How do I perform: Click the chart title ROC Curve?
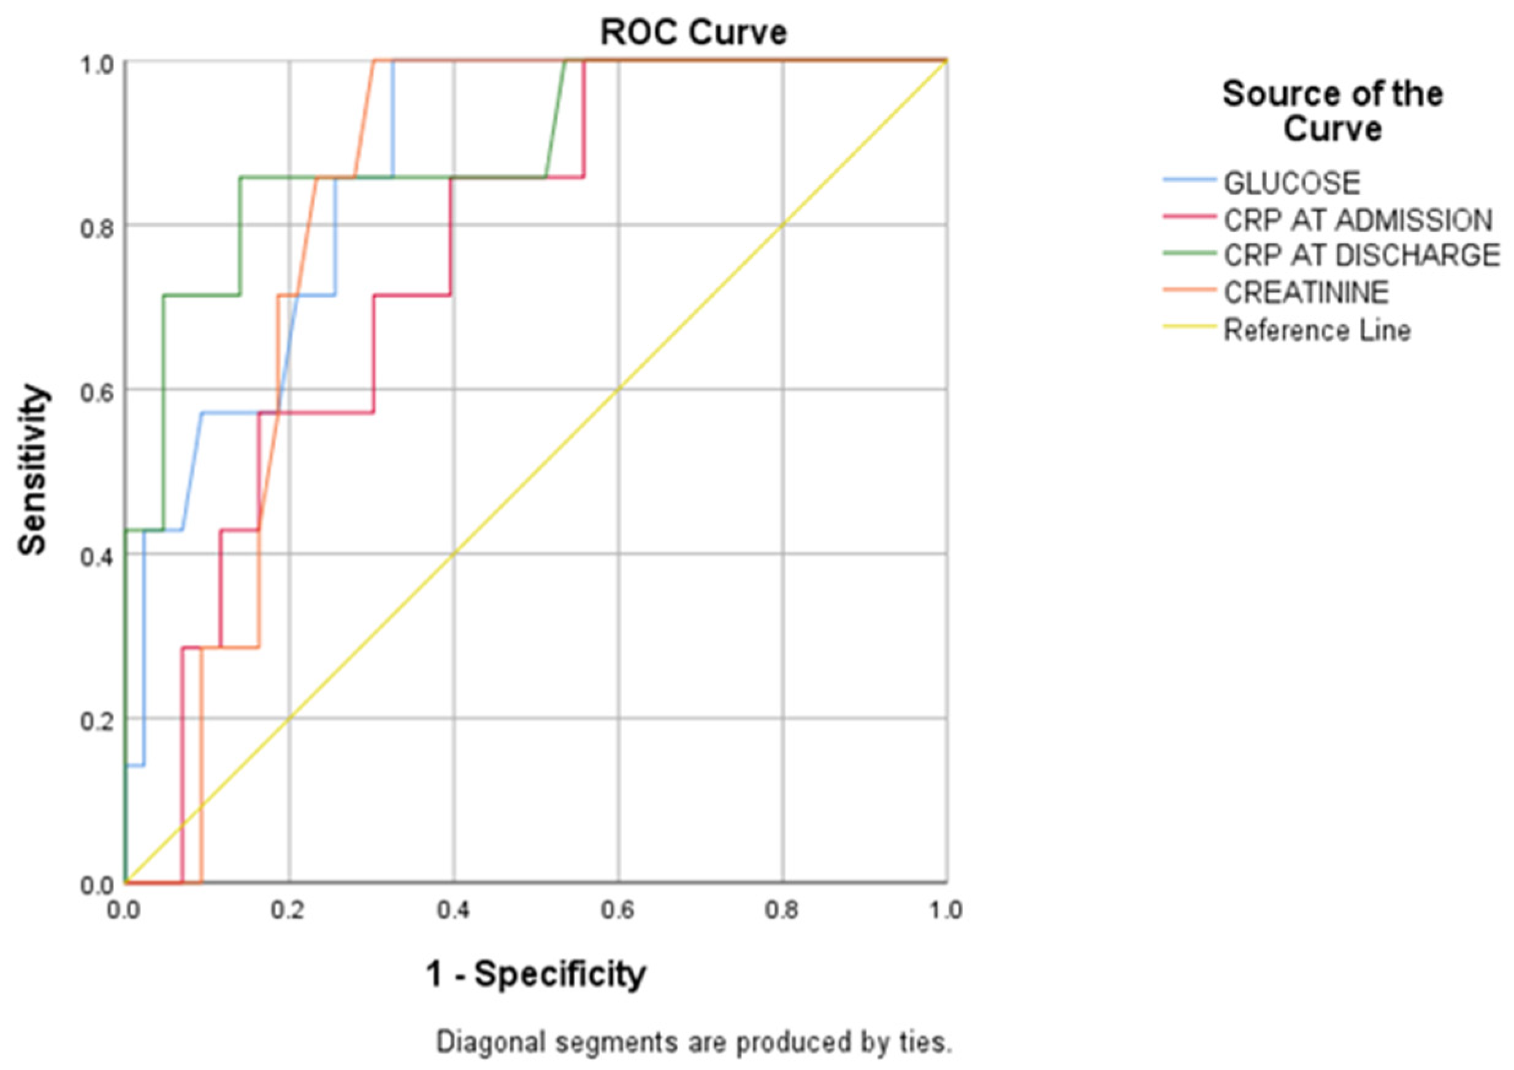pos(693,32)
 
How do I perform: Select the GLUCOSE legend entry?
pos(1291,183)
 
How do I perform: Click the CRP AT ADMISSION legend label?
pos(1358,220)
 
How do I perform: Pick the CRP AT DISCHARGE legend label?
pos(1362,256)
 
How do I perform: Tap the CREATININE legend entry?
pos(1306,292)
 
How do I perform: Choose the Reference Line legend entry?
pos(1317,330)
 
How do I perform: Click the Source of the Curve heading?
pos(1332,111)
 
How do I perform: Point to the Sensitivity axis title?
pos(33,470)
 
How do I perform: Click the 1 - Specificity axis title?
pos(535,974)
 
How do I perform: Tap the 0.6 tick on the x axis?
pos(617,911)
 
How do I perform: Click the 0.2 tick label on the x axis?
pos(288,911)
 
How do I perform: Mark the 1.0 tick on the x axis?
pos(946,911)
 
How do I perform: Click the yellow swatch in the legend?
pos(1189,326)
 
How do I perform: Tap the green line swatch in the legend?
pos(1189,253)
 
